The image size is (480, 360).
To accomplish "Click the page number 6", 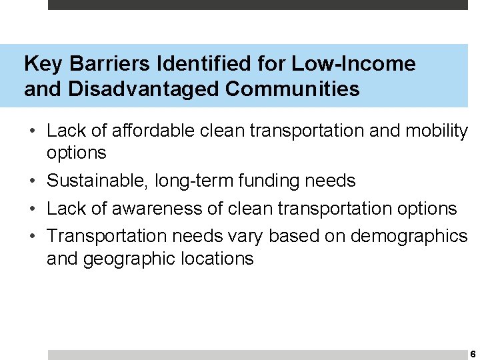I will [472, 354].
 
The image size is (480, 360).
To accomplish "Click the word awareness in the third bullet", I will [143, 209].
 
